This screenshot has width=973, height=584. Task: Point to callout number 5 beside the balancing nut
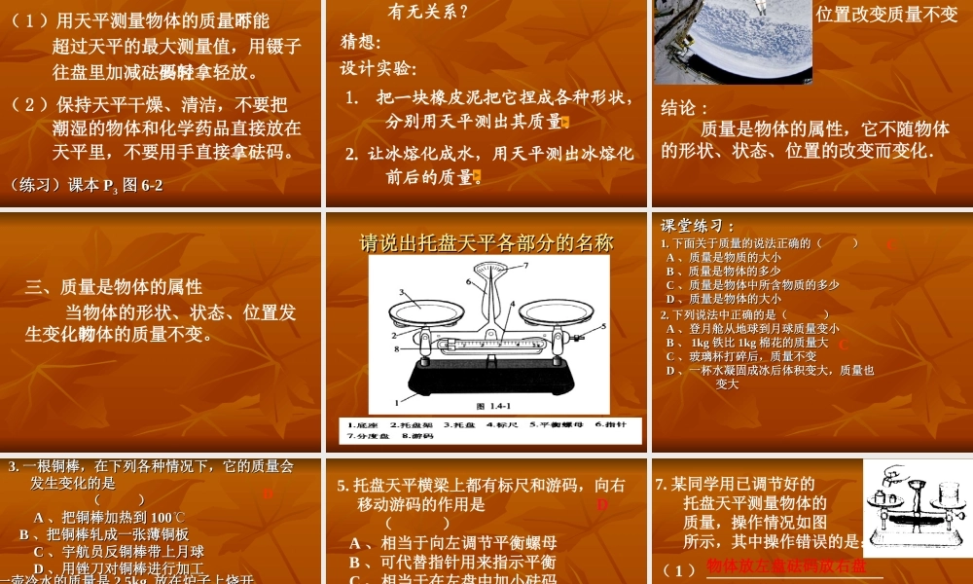(602, 326)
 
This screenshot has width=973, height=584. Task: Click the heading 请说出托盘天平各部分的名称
(486, 242)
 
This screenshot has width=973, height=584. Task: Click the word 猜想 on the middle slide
(361, 43)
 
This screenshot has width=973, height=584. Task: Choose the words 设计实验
(378, 69)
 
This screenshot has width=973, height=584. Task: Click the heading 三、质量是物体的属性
(114, 287)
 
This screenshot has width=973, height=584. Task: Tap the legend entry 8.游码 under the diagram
(416, 437)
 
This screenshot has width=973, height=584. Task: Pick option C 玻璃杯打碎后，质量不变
(740, 356)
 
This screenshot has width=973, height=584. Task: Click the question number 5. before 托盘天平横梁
(342, 485)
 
